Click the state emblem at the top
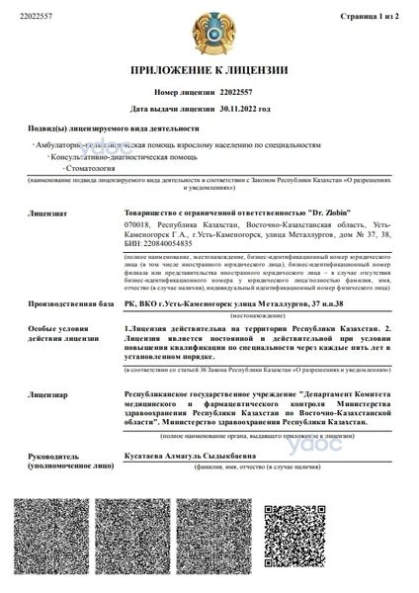pyautogui.click(x=209, y=31)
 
